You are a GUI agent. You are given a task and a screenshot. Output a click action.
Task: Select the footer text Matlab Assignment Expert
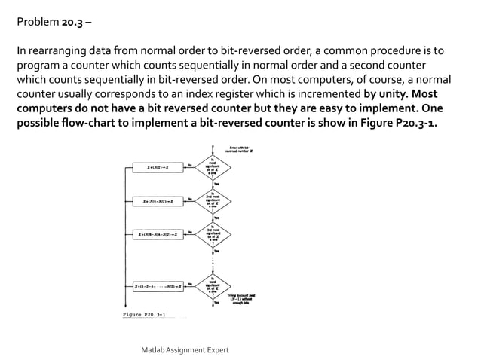pos(185,350)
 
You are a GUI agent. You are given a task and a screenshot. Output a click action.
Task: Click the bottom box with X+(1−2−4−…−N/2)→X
pos(159,287)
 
